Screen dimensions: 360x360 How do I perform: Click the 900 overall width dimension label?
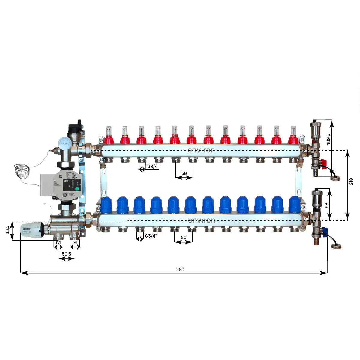(180, 269)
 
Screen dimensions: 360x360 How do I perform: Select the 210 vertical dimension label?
(351, 181)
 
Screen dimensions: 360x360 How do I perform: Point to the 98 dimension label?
(327, 205)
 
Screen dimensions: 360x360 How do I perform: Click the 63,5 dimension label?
(8, 230)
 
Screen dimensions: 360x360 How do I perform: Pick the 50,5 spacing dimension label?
(66, 254)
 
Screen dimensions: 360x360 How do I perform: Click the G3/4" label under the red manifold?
(153, 166)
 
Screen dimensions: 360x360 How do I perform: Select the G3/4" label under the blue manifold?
(151, 236)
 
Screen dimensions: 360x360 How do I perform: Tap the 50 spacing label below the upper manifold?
(184, 173)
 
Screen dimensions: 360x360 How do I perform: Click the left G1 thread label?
(58, 242)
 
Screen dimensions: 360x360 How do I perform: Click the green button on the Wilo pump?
(77, 189)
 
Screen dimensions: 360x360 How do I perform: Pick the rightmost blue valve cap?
(295, 204)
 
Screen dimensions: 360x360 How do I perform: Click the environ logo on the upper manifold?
(201, 150)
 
